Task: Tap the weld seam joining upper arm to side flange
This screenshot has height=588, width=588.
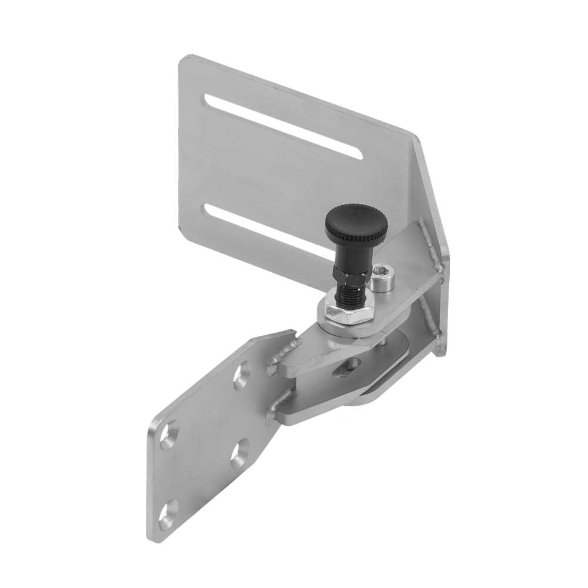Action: coord(430,244)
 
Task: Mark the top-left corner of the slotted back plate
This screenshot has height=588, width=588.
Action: coord(182,58)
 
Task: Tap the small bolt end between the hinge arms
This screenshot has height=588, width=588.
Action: coord(383,341)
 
